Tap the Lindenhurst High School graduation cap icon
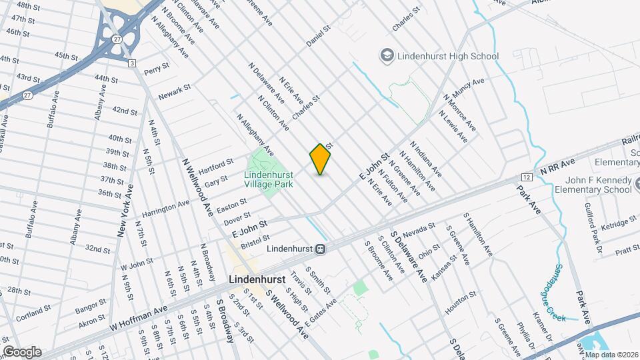pyautogui.click(x=386, y=56)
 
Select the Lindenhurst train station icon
pyautogui.click(x=321, y=249)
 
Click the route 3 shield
pyautogui.click(x=132, y=63)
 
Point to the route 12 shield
pyautogui.click(x=527, y=177)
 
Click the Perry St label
pyautogui.click(x=153, y=69)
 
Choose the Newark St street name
pyautogui.click(x=175, y=92)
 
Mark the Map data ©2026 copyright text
pyautogui.click(x=611, y=354)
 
